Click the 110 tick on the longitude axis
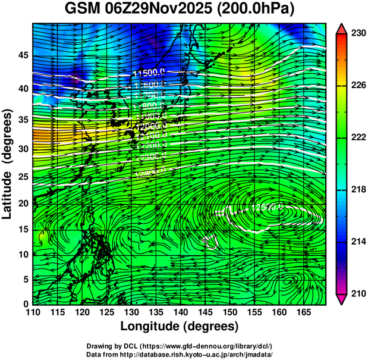coord(33,312)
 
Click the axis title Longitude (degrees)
coord(180,326)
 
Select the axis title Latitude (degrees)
coord(8,164)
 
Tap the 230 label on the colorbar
coord(358,34)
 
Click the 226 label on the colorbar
coord(358,86)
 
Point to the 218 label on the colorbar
coord(358,189)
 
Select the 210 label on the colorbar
coord(358,293)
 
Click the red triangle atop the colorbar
coord(342,29)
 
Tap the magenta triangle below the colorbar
coord(342,299)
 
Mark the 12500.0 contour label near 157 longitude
coord(266,208)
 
